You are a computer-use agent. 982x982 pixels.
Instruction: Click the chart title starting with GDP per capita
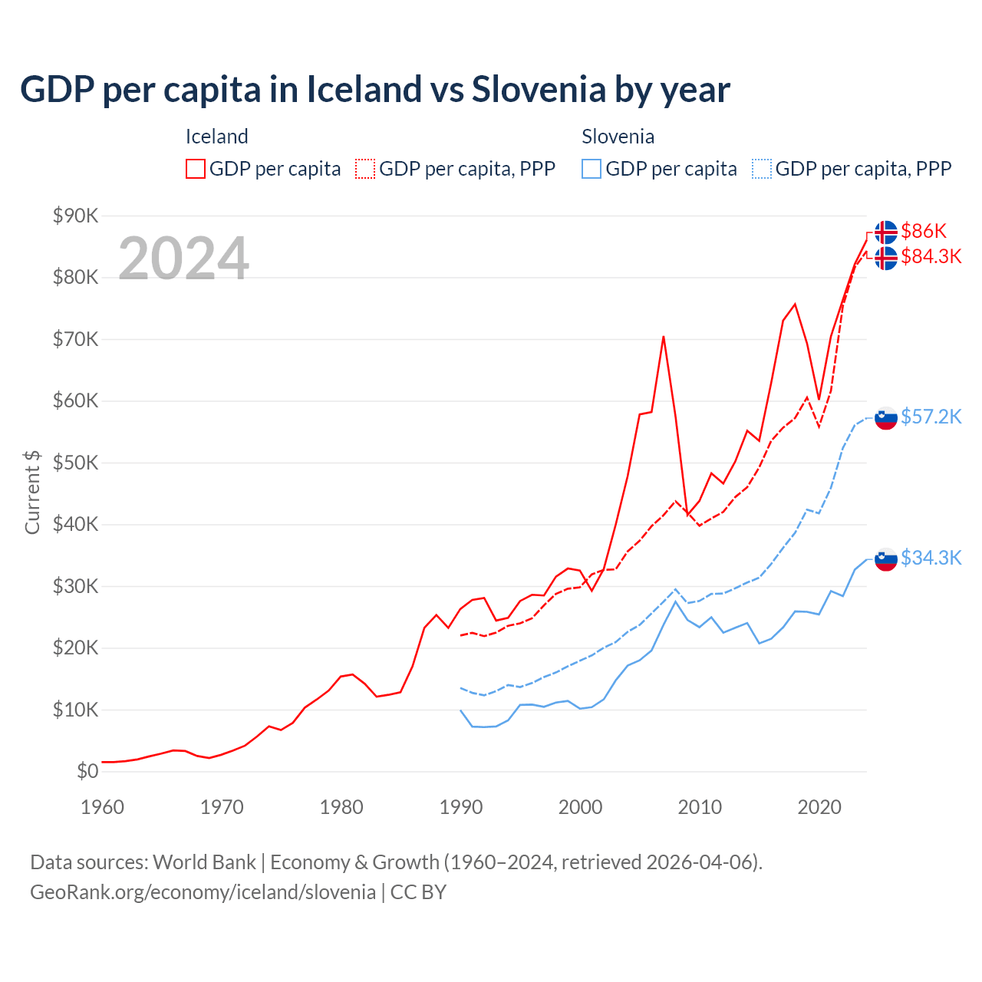[374, 90]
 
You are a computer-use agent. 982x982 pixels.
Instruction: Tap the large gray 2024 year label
[183, 259]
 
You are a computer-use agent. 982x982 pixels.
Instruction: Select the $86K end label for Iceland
[924, 231]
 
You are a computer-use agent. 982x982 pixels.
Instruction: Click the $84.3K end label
[931, 256]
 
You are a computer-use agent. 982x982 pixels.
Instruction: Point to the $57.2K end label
[931, 417]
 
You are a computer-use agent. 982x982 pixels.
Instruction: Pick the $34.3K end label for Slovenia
[931, 558]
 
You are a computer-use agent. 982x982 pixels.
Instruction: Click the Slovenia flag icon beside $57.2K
[886, 418]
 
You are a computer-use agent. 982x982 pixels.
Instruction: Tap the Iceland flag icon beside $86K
[886, 232]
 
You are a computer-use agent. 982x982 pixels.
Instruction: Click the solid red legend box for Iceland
[196, 169]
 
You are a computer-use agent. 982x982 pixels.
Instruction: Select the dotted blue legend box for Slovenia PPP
[762, 169]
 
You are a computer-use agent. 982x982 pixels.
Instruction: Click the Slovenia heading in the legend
[618, 137]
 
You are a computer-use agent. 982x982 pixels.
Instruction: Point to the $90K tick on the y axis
[75, 216]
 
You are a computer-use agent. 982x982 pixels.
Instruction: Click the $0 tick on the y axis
[87, 771]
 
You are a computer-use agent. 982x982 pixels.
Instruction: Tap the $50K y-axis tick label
[75, 463]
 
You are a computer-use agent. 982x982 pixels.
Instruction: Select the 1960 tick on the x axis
[102, 807]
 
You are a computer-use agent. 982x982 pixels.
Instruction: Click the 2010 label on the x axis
[700, 807]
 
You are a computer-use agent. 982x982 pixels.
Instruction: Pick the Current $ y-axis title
[32, 493]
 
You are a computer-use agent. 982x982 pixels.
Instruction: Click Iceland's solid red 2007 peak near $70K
[664, 337]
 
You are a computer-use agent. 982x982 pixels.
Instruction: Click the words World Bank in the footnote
[204, 862]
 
